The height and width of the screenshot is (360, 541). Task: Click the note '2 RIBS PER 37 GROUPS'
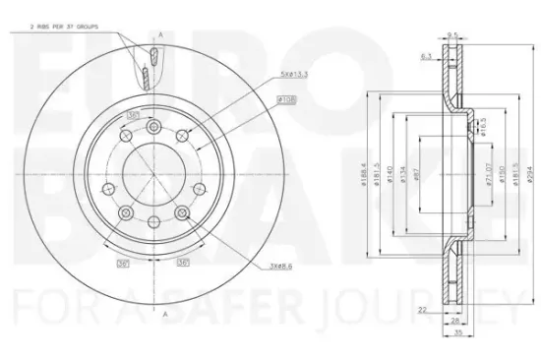[x=47, y=31]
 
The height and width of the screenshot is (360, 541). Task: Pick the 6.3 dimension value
[x=426, y=56]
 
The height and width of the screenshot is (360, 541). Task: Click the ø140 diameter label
[x=391, y=176]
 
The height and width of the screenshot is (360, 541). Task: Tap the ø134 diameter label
[x=404, y=176]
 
